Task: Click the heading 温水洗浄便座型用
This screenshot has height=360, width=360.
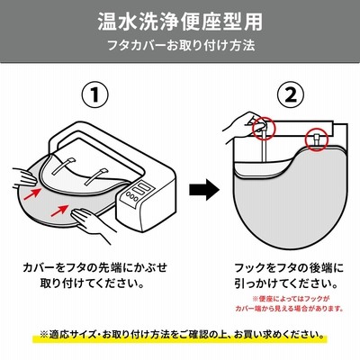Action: click(180, 22)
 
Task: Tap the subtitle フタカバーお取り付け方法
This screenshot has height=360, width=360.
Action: click(181, 46)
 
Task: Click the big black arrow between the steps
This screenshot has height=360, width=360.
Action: click(204, 189)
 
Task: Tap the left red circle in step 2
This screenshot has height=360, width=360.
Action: click(264, 129)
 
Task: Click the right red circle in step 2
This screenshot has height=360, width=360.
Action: click(317, 139)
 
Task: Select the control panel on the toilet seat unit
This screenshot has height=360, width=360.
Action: click(138, 192)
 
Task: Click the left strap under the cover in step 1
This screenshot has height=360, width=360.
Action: click(64, 166)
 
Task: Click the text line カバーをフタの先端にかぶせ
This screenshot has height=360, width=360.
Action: click(94, 267)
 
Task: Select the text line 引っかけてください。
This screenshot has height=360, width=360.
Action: click(286, 283)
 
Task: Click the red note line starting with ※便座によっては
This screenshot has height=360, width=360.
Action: click(291, 299)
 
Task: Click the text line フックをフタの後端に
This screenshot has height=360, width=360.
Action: click(289, 267)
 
